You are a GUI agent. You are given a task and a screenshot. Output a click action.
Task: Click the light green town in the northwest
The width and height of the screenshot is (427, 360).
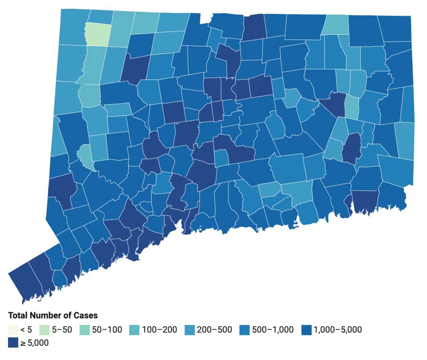[x=98, y=35]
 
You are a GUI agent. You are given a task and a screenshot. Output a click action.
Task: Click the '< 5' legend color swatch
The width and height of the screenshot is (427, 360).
[x=13, y=330]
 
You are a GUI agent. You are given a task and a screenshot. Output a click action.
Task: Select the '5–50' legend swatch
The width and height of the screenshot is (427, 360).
[x=44, y=330]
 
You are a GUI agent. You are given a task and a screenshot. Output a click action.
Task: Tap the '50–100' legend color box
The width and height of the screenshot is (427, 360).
[x=84, y=330]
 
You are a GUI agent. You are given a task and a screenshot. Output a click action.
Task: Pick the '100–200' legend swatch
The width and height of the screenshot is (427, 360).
[x=134, y=330]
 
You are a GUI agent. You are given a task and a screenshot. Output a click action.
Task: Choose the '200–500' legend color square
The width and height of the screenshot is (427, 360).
[x=189, y=330]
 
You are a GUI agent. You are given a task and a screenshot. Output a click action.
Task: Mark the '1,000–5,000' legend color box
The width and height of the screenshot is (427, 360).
[x=306, y=330]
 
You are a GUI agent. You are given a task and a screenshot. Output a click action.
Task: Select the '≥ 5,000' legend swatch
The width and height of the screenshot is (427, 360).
[x=13, y=343]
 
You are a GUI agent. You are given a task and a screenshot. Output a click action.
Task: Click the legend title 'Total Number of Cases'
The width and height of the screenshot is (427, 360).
[x=53, y=316]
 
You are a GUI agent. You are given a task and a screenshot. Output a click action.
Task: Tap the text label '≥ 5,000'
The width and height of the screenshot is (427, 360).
[x=34, y=343]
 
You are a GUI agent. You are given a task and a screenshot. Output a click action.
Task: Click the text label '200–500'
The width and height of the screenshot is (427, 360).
[x=214, y=330]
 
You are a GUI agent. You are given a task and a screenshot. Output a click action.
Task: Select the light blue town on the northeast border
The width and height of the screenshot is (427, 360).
[x=335, y=24]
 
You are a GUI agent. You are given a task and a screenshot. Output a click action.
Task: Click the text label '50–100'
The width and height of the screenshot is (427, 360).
[x=107, y=330]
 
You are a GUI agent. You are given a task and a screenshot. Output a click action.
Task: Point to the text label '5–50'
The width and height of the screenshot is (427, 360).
[x=62, y=330]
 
